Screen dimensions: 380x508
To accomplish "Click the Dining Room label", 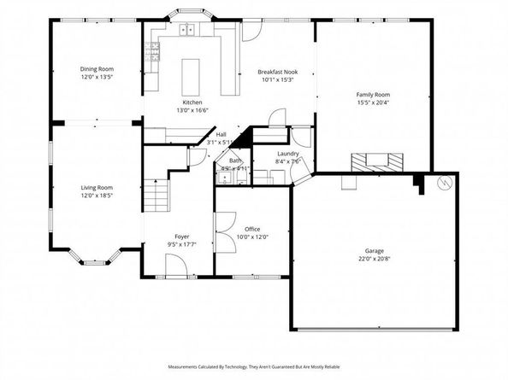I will [x=97, y=69].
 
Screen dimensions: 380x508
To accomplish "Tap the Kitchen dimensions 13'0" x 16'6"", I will [x=192, y=109].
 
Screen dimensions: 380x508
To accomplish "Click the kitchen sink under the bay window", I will [x=187, y=32].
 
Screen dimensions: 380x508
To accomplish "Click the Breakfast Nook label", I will [x=278, y=73].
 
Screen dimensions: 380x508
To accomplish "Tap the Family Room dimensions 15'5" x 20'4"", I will [x=373, y=102].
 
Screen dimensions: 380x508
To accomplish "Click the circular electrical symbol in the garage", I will [x=444, y=184].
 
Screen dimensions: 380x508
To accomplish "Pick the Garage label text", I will [x=370, y=251].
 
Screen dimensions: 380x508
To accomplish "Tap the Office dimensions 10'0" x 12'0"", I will [x=252, y=237].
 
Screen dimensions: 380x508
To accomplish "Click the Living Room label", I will [x=97, y=187].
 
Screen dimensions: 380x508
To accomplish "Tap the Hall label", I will [x=221, y=134].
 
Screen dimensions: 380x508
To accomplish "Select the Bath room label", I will [x=233, y=161].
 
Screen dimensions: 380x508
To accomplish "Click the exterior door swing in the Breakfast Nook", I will [x=253, y=32].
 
